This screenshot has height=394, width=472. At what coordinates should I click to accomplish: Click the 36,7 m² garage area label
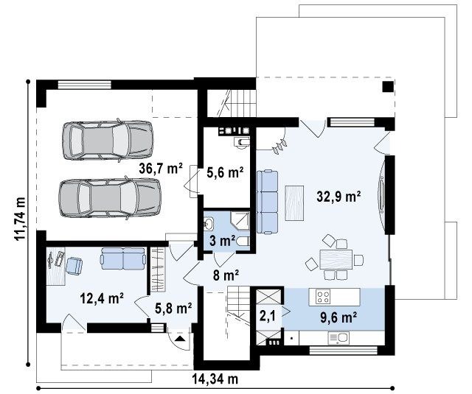[161, 169]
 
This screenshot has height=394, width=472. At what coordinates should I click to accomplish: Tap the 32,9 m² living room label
[339, 197]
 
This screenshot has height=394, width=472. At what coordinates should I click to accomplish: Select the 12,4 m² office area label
[102, 298]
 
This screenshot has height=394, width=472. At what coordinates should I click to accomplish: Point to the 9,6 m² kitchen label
[339, 317]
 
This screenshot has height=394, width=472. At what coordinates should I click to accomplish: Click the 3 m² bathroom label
[223, 241]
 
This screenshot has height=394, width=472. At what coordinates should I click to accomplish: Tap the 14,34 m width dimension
[215, 379]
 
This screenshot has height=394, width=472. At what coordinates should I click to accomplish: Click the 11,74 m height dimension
[20, 218]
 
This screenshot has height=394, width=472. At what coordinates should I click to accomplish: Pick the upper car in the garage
[108, 141]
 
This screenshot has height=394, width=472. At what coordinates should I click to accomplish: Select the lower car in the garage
[110, 198]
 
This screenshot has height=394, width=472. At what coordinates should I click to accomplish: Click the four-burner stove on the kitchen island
[323, 297]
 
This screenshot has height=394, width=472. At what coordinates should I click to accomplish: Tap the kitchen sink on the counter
[338, 338]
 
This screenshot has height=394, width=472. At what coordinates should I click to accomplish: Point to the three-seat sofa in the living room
[267, 202]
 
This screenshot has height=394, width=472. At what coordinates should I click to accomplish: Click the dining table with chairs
[335, 258]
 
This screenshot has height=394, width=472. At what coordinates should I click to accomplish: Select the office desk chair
[74, 266]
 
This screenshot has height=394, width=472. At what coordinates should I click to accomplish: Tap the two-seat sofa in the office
[123, 258]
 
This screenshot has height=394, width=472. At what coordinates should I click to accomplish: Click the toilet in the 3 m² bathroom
[243, 242]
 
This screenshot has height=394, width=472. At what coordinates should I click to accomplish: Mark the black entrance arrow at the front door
[180, 340]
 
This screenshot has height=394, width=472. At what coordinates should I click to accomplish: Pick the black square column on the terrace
[388, 87]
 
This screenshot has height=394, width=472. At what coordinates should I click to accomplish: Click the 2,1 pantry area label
[268, 316]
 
